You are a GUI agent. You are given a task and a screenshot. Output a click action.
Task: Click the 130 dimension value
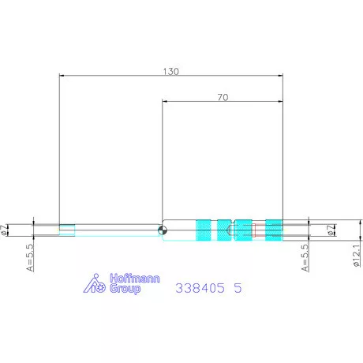tap(171, 72)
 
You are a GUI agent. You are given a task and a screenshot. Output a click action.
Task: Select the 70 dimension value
tap(223, 98)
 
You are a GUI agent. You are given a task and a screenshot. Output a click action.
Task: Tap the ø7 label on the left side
tap(4, 230)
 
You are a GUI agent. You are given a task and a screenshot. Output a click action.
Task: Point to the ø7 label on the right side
tap(331, 230)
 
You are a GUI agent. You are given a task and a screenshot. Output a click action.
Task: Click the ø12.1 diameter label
tap(357, 256)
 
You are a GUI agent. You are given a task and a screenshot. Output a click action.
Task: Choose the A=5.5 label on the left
tap(30, 257)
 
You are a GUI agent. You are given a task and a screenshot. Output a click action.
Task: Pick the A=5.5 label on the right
tap(305, 258)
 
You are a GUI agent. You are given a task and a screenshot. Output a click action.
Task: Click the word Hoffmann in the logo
tap(135, 279)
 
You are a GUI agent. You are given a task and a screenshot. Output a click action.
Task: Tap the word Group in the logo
tap(125, 289)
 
